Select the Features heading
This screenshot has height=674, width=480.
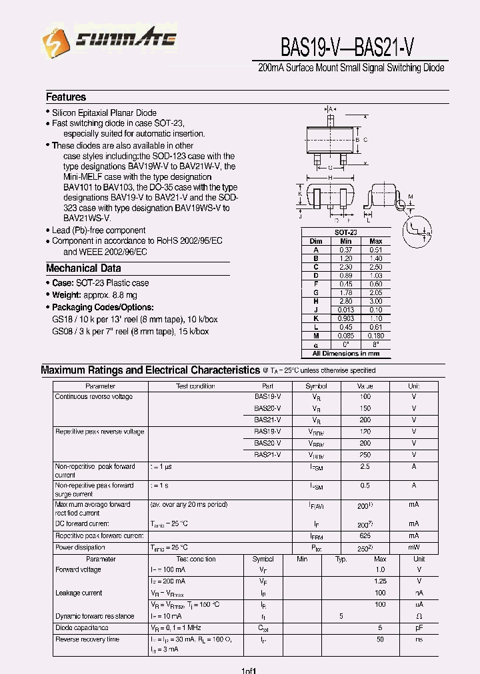pyautogui.click(x=65, y=97)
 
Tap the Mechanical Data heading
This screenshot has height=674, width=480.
pyautogui.click(x=83, y=268)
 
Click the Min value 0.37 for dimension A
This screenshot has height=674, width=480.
pyautogui.click(x=345, y=249)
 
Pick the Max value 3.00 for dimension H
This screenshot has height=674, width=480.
pyautogui.click(x=376, y=301)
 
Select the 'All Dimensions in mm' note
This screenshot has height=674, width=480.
pyautogui.click(x=345, y=354)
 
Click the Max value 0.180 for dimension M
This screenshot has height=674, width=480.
pyautogui.click(x=376, y=336)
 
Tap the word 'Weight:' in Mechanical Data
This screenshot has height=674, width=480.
pyautogui.click(x=67, y=294)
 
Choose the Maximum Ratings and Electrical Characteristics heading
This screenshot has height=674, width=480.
pyautogui.click(x=150, y=370)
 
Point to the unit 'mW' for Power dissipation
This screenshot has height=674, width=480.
pyautogui.click(x=413, y=548)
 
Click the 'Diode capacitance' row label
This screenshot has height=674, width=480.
pyautogui.click(x=81, y=628)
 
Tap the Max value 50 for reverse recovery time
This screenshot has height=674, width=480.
pyautogui.click(x=380, y=639)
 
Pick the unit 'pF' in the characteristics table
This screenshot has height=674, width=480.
pyautogui.click(x=419, y=628)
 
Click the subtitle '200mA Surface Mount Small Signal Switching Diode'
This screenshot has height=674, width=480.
pyautogui.click(x=351, y=68)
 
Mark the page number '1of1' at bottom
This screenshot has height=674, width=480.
pyautogui.click(x=249, y=669)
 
